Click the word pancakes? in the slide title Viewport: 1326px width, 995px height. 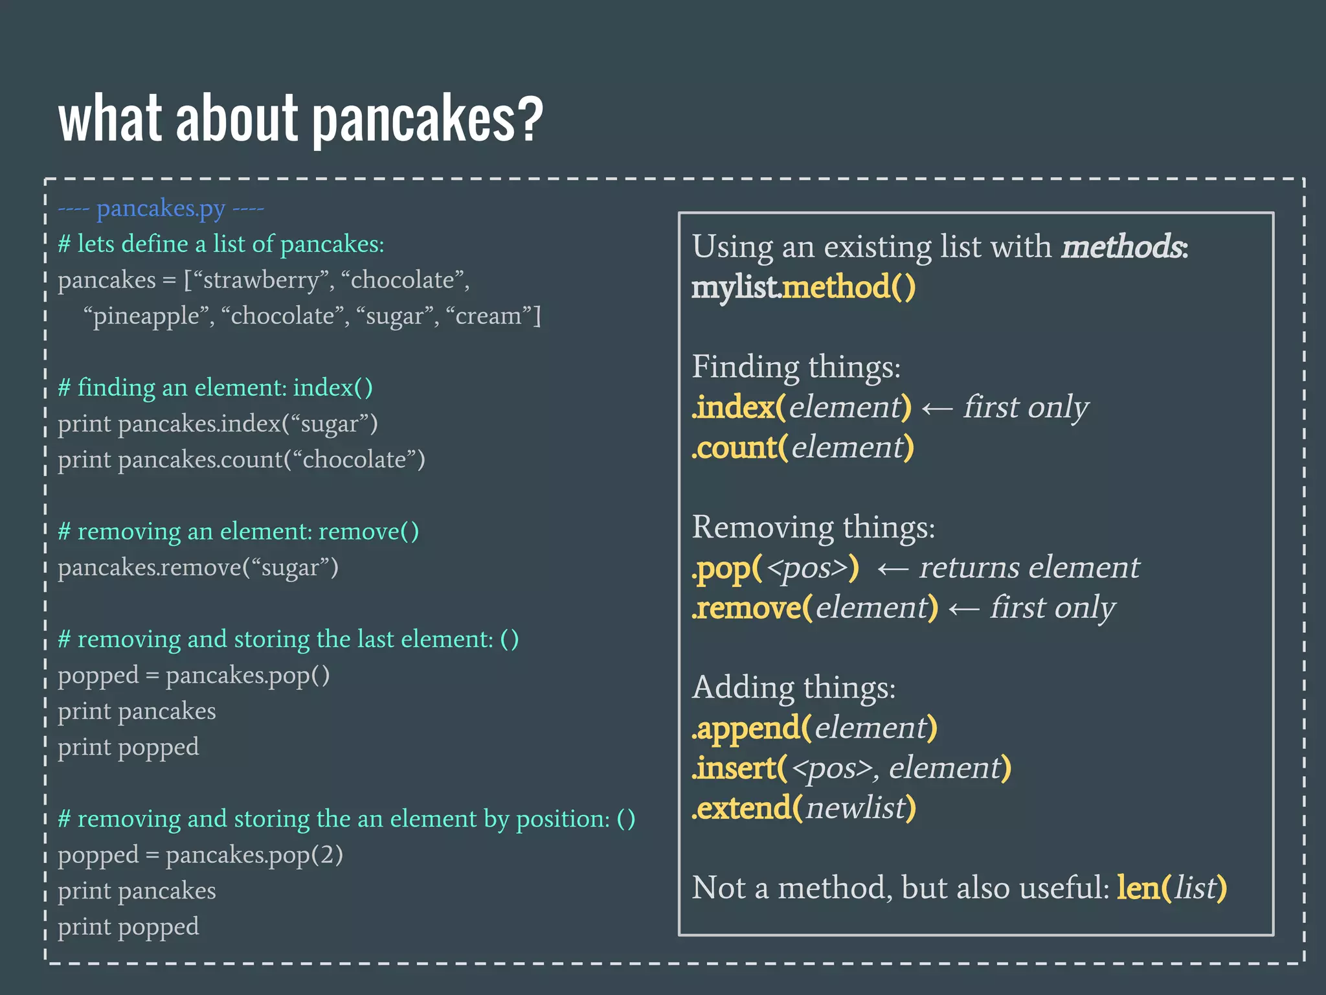tap(427, 120)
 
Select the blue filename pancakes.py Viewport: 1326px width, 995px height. tap(161, 209)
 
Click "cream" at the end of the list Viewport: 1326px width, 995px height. tap(488, 317)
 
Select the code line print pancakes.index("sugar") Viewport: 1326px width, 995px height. tap(218, 424)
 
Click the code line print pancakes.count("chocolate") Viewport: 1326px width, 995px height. tap(241, 460)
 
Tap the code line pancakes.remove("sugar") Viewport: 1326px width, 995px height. tap(197, 568)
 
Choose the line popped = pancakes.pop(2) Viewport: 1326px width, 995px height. tap(200, 855)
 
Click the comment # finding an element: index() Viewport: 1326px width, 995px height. tap(215, 388)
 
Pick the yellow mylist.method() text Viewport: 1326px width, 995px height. tap(803, 288)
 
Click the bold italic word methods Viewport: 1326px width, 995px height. tap(1123, 247)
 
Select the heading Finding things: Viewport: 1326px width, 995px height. tap(796, 367)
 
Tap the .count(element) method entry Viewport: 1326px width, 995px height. tap(802, 448)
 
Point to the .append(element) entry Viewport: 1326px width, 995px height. tap(814, 728)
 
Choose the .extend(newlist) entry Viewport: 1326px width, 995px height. tap(803, 808)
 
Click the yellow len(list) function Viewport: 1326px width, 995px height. tap(1171, 888)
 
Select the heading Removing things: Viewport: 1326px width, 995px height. tap(813, 527)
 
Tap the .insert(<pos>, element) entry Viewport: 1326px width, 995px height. tap(851, 768)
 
